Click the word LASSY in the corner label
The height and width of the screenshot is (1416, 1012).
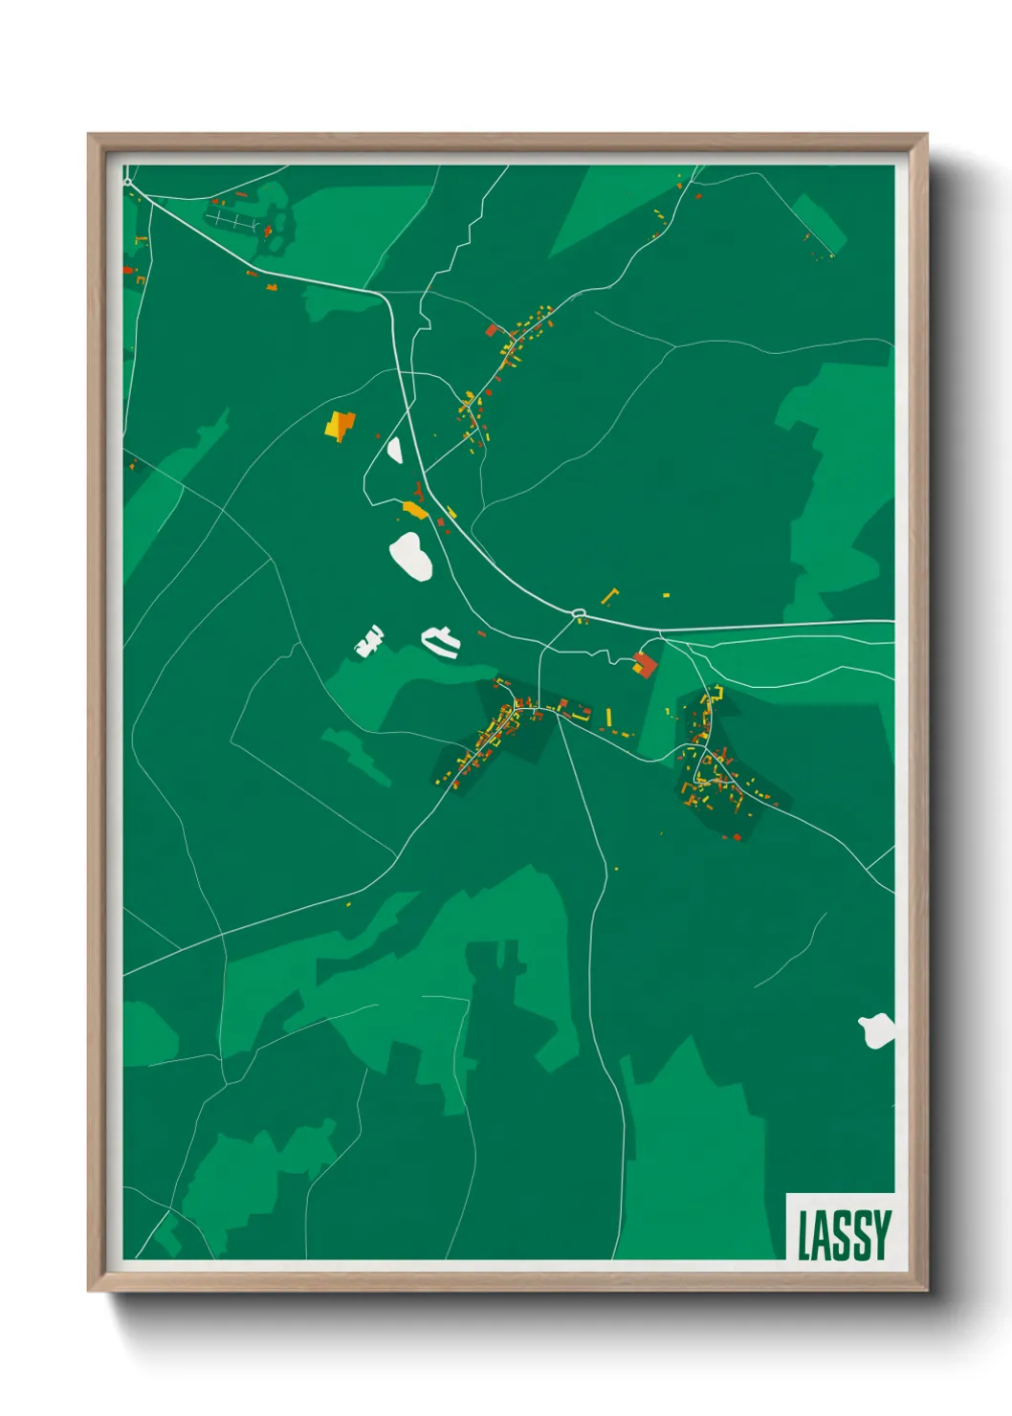844,1234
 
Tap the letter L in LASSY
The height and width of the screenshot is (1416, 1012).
805,1234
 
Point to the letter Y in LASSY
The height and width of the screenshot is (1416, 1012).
881,1234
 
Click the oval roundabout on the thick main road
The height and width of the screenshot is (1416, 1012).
578,612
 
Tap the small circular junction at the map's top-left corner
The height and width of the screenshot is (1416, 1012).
127,181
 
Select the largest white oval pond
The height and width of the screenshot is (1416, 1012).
411,556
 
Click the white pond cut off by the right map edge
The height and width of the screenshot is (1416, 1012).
877,1031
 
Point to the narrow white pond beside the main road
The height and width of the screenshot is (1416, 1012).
394,449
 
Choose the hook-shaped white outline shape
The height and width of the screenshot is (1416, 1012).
441,641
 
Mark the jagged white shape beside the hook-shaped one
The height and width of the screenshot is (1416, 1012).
369,640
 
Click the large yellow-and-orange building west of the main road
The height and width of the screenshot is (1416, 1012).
339,425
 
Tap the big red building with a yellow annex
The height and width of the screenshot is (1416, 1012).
646,663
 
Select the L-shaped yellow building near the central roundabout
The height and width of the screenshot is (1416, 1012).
608,596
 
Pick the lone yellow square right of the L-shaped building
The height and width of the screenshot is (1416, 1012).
666,595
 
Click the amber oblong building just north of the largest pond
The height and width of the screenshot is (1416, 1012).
414,510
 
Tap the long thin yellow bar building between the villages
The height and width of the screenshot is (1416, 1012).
608,717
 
